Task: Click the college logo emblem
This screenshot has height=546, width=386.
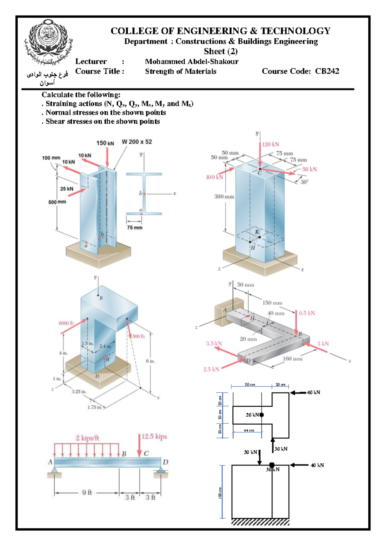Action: point(48,40)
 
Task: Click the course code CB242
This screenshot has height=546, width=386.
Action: point(327,71)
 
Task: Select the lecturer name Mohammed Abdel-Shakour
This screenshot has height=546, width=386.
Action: point(192,61)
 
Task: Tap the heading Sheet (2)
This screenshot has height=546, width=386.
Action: point(221,51)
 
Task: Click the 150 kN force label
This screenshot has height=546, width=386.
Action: point(105,143)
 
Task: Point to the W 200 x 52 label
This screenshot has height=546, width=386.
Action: point(137,142)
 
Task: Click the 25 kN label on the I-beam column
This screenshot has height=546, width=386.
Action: point(67,189)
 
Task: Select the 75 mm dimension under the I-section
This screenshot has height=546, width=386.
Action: point(134,227)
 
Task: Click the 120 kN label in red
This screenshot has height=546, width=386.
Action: point(270,144)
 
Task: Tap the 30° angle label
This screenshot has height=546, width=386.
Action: point(304,182)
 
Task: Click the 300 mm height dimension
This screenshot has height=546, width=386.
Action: point(224,196)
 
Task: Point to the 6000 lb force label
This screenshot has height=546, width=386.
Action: point(66,323)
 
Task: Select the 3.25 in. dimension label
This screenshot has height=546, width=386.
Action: point(79,391)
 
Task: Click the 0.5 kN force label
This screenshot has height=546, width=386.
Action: point(307,313)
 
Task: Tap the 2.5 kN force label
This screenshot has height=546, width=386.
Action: point(211,369)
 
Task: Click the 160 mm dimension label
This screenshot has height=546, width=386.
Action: point(292,359)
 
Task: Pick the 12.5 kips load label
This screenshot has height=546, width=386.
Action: point(154,437)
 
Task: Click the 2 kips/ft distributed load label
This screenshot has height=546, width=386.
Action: point(87,438)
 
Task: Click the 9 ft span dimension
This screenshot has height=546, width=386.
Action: point(87,492)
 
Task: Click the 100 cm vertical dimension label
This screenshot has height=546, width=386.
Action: point(220,492)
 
